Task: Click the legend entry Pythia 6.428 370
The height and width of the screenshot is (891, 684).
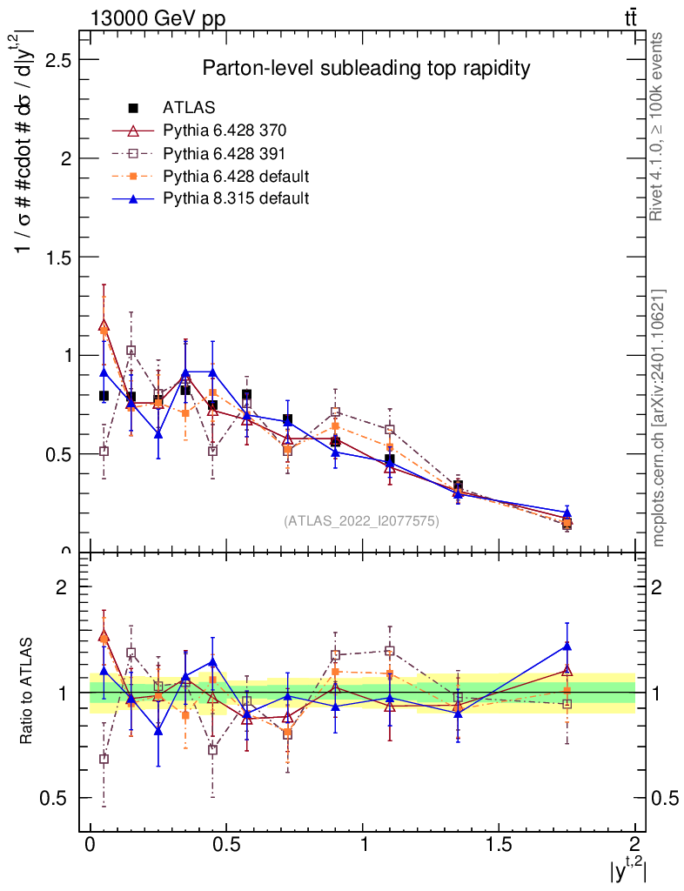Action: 225,131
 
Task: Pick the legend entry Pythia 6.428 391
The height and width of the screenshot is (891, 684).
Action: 225,154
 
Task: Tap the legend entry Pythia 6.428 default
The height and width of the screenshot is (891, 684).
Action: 236,177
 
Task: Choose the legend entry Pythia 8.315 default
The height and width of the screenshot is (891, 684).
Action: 236,198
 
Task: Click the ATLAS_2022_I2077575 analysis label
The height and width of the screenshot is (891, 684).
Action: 361,521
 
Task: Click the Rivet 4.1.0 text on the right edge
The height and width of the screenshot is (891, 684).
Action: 658,126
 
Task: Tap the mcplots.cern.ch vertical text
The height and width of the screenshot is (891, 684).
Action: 658,418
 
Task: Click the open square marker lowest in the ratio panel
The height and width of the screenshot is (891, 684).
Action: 104,759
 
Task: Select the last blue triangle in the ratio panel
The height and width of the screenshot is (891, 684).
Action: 567,646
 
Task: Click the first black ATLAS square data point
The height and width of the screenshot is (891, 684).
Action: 104,396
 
